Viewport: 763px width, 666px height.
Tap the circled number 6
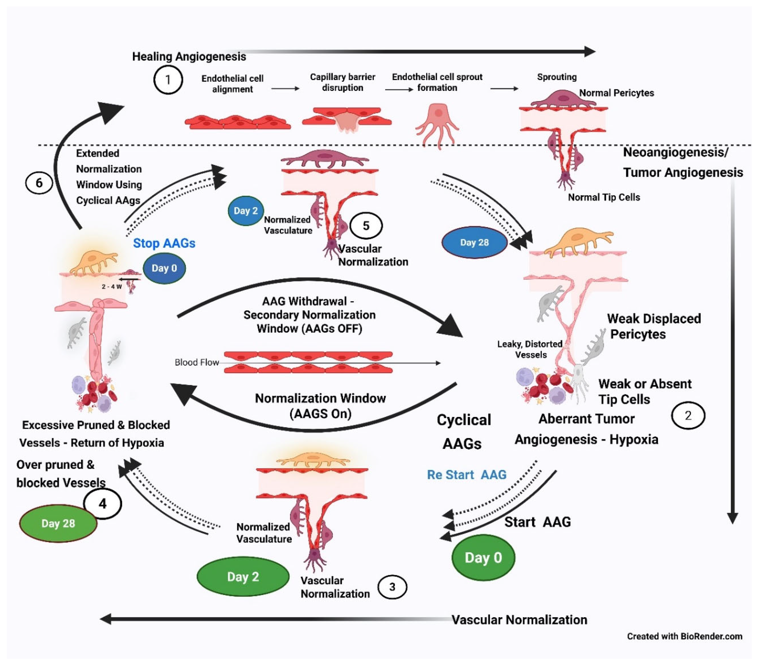[39, 183]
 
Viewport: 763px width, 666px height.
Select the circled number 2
[688, 416]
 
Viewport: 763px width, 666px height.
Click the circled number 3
[392, 587]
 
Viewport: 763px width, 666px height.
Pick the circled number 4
[103, 504]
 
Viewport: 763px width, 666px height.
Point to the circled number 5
[366, 226]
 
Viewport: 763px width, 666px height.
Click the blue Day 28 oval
[474, 242]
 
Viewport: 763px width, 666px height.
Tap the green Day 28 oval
[58, 523]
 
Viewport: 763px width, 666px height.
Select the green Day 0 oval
[483, 558]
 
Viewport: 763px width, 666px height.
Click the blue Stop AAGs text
[164, 243]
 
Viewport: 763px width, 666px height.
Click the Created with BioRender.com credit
[685, 636]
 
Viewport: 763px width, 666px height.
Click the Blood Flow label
[197, 362]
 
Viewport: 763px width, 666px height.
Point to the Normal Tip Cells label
[604, 197]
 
